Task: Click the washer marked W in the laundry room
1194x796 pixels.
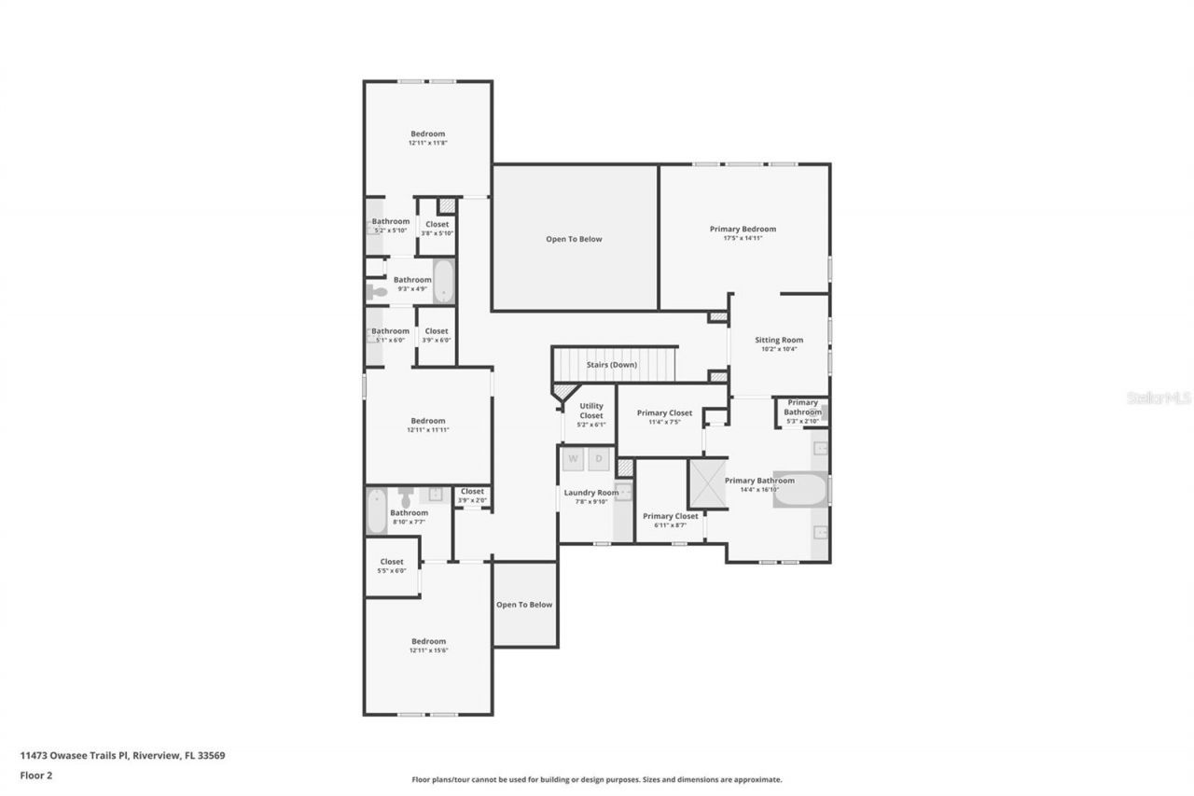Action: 573,459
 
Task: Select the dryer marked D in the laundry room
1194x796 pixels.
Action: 599,459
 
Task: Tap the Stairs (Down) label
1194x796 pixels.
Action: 611,365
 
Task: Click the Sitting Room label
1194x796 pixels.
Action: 779,340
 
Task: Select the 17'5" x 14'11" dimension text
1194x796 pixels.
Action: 743,239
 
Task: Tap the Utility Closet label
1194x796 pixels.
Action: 591,411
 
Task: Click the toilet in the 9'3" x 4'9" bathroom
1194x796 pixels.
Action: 376,293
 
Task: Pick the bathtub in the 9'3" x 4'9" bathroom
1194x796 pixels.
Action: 443,281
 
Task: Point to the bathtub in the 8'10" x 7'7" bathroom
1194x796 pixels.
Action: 377,511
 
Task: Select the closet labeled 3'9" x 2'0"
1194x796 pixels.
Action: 472,496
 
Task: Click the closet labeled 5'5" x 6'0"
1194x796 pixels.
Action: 392,566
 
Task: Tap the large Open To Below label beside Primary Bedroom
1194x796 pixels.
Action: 574,239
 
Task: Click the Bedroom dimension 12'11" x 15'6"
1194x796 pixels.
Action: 428,650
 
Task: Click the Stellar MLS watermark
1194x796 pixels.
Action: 1159,398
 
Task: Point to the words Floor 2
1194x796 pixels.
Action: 35,775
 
